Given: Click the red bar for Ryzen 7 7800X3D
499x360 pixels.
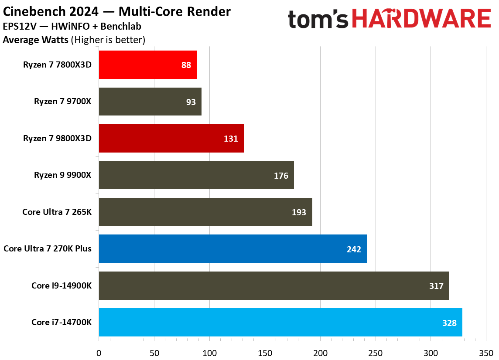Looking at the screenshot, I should [147, 65].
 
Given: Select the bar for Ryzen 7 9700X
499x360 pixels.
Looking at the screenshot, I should [150, 102].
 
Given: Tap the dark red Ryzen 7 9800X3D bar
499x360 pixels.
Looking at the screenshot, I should [171, 138].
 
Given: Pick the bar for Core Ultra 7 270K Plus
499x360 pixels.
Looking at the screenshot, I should [232, 249].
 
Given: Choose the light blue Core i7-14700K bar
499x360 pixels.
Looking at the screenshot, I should [280, 323].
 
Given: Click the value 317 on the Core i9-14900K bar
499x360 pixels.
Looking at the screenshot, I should [436, 286].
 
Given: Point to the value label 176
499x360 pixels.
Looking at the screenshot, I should [281, 176].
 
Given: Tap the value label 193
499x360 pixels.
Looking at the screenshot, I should [299, 212].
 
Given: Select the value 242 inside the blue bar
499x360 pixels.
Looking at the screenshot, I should [354, 249].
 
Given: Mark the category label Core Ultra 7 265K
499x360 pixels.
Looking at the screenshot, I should [60, 212].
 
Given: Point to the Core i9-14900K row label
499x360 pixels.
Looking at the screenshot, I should [64, 286].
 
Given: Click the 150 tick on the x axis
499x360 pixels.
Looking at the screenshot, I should [265, 352].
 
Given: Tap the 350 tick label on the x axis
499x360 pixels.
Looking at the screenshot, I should [486, 352].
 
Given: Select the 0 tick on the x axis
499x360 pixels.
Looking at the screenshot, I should [99, 352].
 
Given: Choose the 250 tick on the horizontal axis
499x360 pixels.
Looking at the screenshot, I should [376, 352].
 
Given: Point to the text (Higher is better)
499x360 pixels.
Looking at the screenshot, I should [108, 40].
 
